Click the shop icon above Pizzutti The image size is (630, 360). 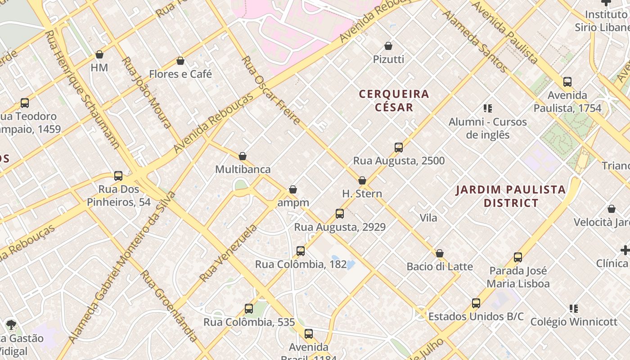click(x=388, y=46)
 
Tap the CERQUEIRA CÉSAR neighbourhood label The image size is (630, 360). click(x=394, y=100)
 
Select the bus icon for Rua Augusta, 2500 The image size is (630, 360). click(x=398, y=148)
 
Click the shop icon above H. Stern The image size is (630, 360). click(x=362, y=180)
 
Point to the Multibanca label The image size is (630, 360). click(x=243, y=169)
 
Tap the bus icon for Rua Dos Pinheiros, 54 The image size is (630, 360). click(x=118, y=176)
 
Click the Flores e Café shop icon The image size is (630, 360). click(x=180, y=61)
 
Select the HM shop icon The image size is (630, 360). click(x=99, y=54)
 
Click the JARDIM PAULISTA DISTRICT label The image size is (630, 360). click(x=511, y=196)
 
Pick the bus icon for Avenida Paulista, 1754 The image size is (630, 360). click(x=567, y=82)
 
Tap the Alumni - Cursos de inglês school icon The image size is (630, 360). click(x=487, y=108)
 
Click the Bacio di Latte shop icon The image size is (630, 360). click(x=440, y=253)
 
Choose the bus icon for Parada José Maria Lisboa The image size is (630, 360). click(x=518, y=257)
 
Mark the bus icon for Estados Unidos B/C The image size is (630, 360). click(x=476, y=303)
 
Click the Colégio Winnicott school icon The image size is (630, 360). click(x=574, y=309)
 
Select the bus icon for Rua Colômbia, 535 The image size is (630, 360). click(x=249, y=309)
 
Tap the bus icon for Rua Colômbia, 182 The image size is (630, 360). click(x=301, y=251)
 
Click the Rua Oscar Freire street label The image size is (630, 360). click(x=270, y=90)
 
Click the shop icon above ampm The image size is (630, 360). click(x=293, y=189)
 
